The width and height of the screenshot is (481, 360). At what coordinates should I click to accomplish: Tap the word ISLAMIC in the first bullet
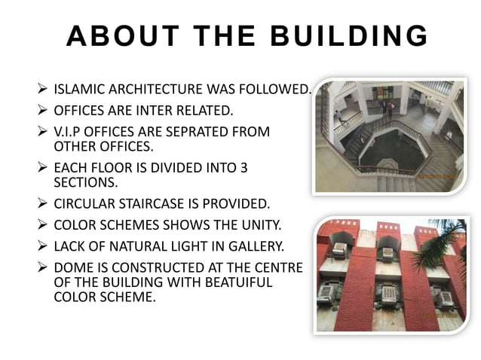coord(78,91)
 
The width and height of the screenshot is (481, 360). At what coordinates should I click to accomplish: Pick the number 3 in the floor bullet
coord(243,169)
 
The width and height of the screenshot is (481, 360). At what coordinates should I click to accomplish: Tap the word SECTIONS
coord(82,182)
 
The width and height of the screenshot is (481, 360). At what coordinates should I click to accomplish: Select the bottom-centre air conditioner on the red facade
coord(388,294)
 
